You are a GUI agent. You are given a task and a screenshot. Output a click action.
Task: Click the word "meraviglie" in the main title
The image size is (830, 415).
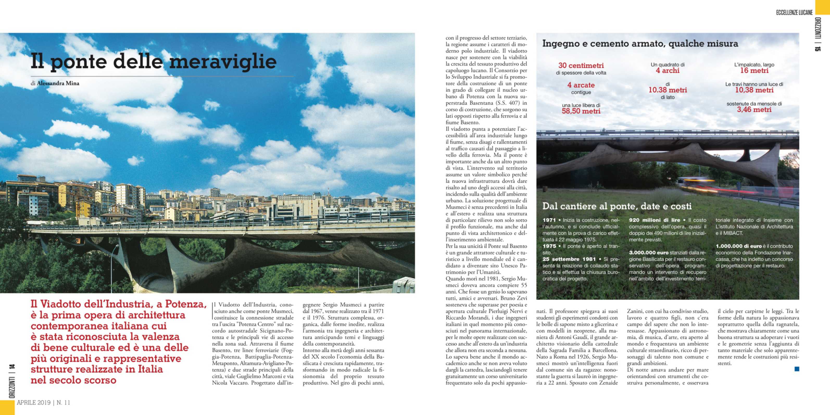click(x=223, y=61)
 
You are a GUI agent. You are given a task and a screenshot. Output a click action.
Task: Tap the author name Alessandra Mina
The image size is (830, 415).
click(x=58, y=83)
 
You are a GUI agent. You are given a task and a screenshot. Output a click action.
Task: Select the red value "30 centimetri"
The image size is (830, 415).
click(x=581, y=65)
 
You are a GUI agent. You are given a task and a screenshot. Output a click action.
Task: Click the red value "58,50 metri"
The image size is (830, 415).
click(x=581, y=111)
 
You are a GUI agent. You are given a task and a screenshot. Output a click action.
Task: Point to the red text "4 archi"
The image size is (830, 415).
click(x=668, y=71)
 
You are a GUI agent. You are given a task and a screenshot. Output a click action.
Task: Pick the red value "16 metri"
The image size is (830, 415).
click(x=754, y=71)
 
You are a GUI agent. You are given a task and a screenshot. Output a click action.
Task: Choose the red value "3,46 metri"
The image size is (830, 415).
click(x=754, y=110)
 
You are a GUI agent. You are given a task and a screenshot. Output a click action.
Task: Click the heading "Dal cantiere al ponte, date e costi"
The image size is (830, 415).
click(x=617, y=206)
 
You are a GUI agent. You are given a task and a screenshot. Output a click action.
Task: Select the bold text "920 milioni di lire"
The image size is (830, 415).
click(x=655, y=220)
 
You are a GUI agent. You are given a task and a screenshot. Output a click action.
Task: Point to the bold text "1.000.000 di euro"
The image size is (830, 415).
click(x=739, y=246)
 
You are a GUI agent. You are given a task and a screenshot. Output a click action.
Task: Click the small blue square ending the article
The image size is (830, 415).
click(x=797, y=369)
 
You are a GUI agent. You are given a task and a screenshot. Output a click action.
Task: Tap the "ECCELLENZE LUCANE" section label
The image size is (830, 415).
click(x=794, y=12)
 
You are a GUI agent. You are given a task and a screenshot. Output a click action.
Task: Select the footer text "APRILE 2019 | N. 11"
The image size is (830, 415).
click(x=43, y=403)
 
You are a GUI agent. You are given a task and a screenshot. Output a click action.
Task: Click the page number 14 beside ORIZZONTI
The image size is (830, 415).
click(x=12, y=367)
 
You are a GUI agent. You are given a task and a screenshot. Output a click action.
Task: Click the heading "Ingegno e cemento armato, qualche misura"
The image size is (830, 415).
click(x=640, y=43)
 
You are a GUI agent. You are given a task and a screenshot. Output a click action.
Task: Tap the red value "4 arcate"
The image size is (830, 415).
click(x=581, y=85)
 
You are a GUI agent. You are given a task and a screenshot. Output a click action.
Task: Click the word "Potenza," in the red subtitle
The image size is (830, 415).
click(x=186, y=304)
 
